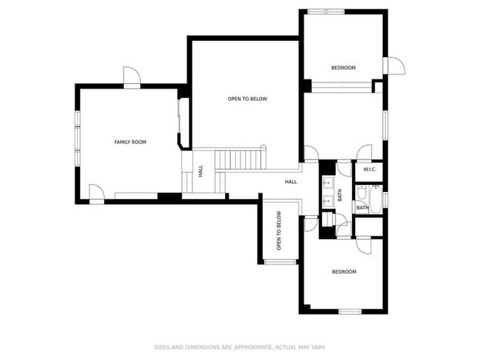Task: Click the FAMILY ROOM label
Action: click(x=130, y=142)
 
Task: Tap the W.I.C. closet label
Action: click(x=370, y=170)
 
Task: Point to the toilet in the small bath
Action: click(x=361, y=192)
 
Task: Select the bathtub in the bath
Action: click(x=376, y=200)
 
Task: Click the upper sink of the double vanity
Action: click(x=327, y=183)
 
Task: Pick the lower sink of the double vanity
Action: click(x=327, y=201)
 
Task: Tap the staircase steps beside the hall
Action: click(x=240, y=160)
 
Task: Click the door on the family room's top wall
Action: click(x=132, y=77)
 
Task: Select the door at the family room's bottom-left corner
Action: click(x=96, y=194)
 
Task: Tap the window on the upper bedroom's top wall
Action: click(x=326, y=12)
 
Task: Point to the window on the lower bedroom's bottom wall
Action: click(x=351, y=311)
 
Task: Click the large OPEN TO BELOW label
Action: click(x=247, y=99)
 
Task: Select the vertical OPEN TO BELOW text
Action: click(x=279, y=230)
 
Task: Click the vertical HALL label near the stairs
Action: click(x=200, y=171)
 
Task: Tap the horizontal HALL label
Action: click(x=290, y=182)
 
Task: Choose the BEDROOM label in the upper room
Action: click(x=344, y=68)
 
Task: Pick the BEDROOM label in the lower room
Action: click(x=344, y=272)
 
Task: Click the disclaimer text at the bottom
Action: click(x=240, y=347)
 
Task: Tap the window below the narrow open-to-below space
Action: click(x=280, y=262)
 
